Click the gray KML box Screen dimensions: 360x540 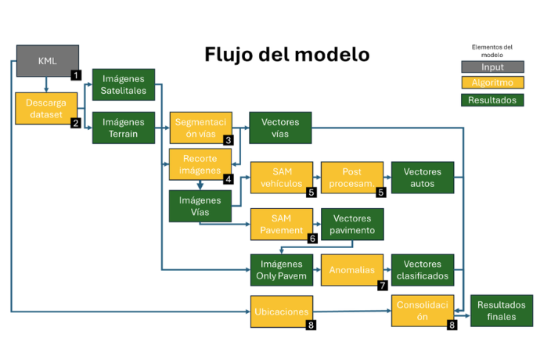pyautogui.click(x=47, y=60)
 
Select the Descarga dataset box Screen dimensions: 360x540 pyautogui.click(x=46, y=109)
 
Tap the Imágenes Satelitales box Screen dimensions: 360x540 pyautogui.click(x=123, y=85)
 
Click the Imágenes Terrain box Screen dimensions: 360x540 pyautogui.click(x=123, y=128)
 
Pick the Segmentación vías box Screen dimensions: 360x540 pyautogui.click(x=200, y=128)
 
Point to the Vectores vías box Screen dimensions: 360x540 pyautogui.click(x=279, y=128)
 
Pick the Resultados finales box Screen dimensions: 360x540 pyautogui.click(x=501, y=311)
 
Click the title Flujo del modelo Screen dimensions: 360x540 pyautogui.click(x=286, y=56)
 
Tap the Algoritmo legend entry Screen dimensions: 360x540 pyautogui.click(x=492, y=83)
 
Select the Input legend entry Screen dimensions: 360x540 pyautogui.click(x=492, y=67)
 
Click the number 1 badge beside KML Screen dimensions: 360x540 pyautogui.click(x=75, y=75)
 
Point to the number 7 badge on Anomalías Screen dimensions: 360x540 pyautogui.click(x=383, y=286)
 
